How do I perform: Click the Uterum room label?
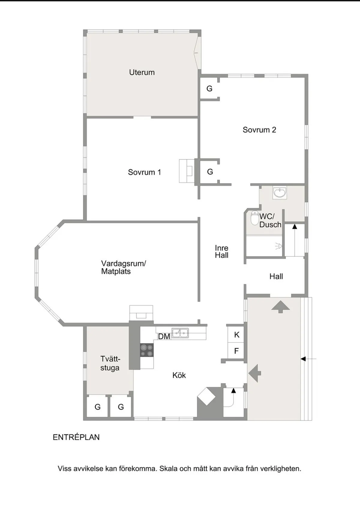tap(142, 72)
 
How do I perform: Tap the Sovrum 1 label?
tap(144, 172)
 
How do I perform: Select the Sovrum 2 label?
tap(259, 130)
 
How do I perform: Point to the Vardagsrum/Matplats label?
tap(123, 267)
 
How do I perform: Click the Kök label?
tap(179, 375)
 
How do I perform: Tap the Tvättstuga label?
tap(110, 363)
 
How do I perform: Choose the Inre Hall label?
tap(221, 252)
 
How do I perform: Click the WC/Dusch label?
tap(270, 220)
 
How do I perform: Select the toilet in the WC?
tap(255, 218)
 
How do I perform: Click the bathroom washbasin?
tap(280, 192)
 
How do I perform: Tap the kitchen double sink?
tap(180, 333)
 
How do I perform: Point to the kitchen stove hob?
tap(147, 350)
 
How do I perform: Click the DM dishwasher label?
tap(164, 337)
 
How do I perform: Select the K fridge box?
tap(237, 335)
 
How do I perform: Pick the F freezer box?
tap(236, 351)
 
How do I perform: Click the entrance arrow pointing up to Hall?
tap(280, 307)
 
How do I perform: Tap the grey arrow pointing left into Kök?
tap(255, 373)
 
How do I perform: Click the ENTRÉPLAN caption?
tap(76, 437)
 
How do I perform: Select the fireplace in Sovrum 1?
tap(187, 171)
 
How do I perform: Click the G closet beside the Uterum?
tap(209, 89)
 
